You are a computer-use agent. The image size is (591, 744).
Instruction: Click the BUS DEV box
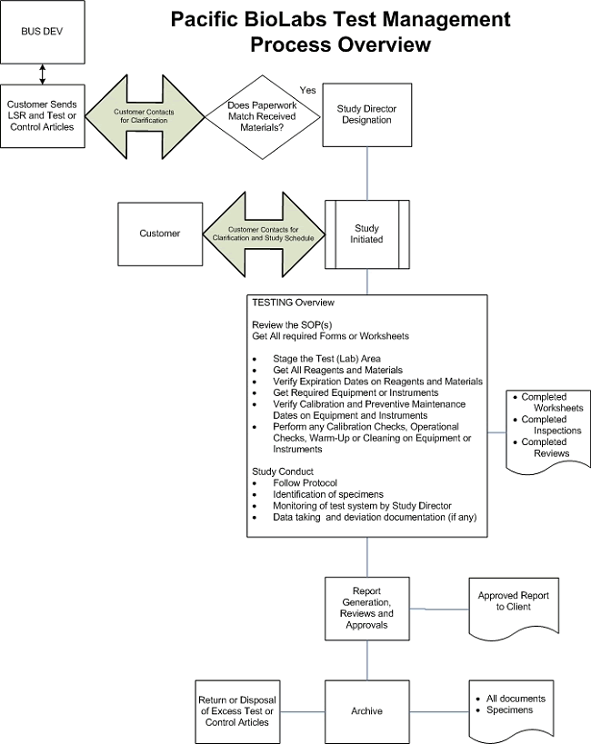[43, 31]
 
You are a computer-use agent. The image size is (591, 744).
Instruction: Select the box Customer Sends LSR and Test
[43, 114]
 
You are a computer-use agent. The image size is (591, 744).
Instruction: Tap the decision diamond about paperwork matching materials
[261, 114]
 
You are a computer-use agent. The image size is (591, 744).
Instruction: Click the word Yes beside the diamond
[308, 90]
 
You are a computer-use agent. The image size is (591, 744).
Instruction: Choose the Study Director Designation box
[366, 114]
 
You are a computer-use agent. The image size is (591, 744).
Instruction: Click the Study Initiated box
[366, 233]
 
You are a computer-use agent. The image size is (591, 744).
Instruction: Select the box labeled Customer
[159, 233]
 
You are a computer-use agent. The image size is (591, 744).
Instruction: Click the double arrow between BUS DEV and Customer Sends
[43, 74]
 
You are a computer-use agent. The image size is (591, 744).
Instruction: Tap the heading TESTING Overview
[293, 302]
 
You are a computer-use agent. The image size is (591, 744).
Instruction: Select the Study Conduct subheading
[283, 471]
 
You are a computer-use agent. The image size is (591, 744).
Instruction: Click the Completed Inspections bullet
[546, 425]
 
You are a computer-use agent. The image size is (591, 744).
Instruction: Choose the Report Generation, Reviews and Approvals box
[366, 608]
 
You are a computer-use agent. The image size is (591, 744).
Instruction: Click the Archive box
[366, 710]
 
